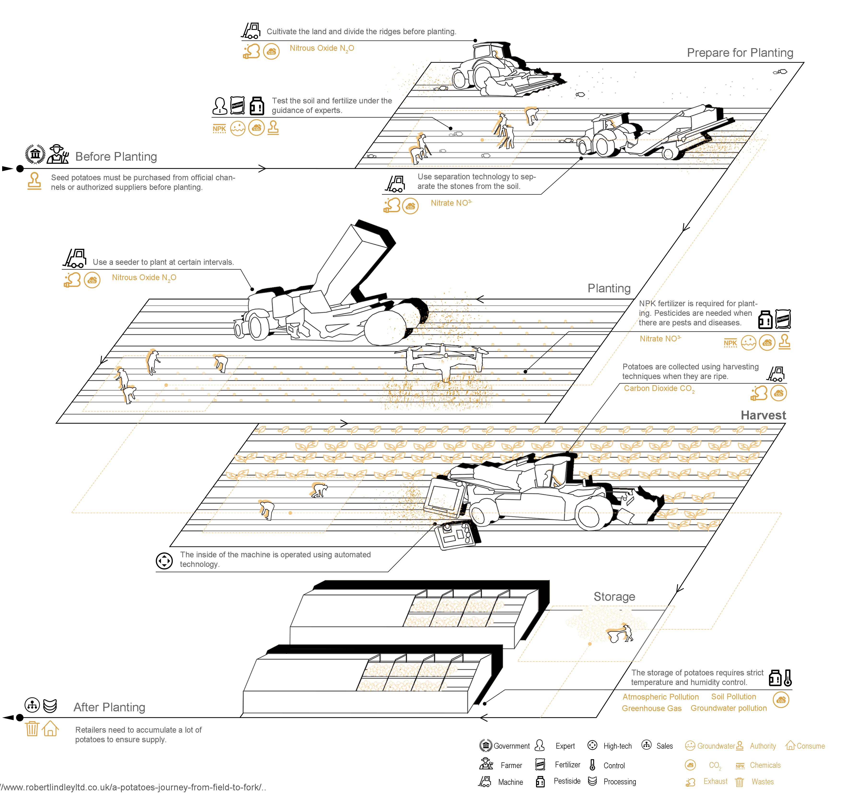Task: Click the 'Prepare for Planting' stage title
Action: [x=740, y=53]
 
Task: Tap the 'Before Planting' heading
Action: [x=116, y=157]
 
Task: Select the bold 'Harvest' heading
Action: [x=763, y=415]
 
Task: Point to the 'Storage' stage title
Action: [x=614, y=597]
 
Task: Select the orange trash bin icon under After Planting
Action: [x=32, y=729]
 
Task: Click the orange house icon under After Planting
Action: [x=50, y=729]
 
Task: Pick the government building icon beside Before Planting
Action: [x=35, y=154]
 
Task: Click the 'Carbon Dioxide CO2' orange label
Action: [x=659, y=389]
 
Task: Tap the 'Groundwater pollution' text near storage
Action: [x=729, y=708]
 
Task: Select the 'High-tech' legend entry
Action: [x=617, y=746]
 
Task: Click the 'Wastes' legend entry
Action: [x=762, y=782]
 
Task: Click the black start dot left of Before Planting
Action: [x=20, y=169]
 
